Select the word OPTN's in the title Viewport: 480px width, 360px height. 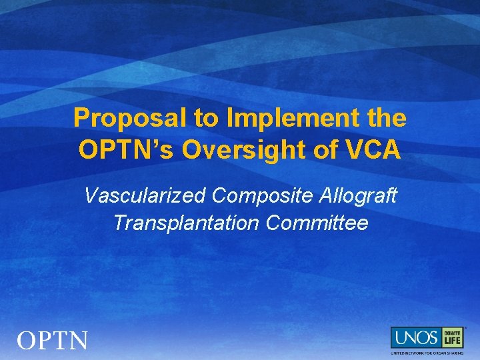(127, 150)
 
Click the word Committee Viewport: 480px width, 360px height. (317, 223)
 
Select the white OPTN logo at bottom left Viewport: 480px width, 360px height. (52, 341)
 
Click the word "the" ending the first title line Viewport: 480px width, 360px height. (387, 118)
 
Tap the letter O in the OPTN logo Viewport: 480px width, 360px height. (27, 341)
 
